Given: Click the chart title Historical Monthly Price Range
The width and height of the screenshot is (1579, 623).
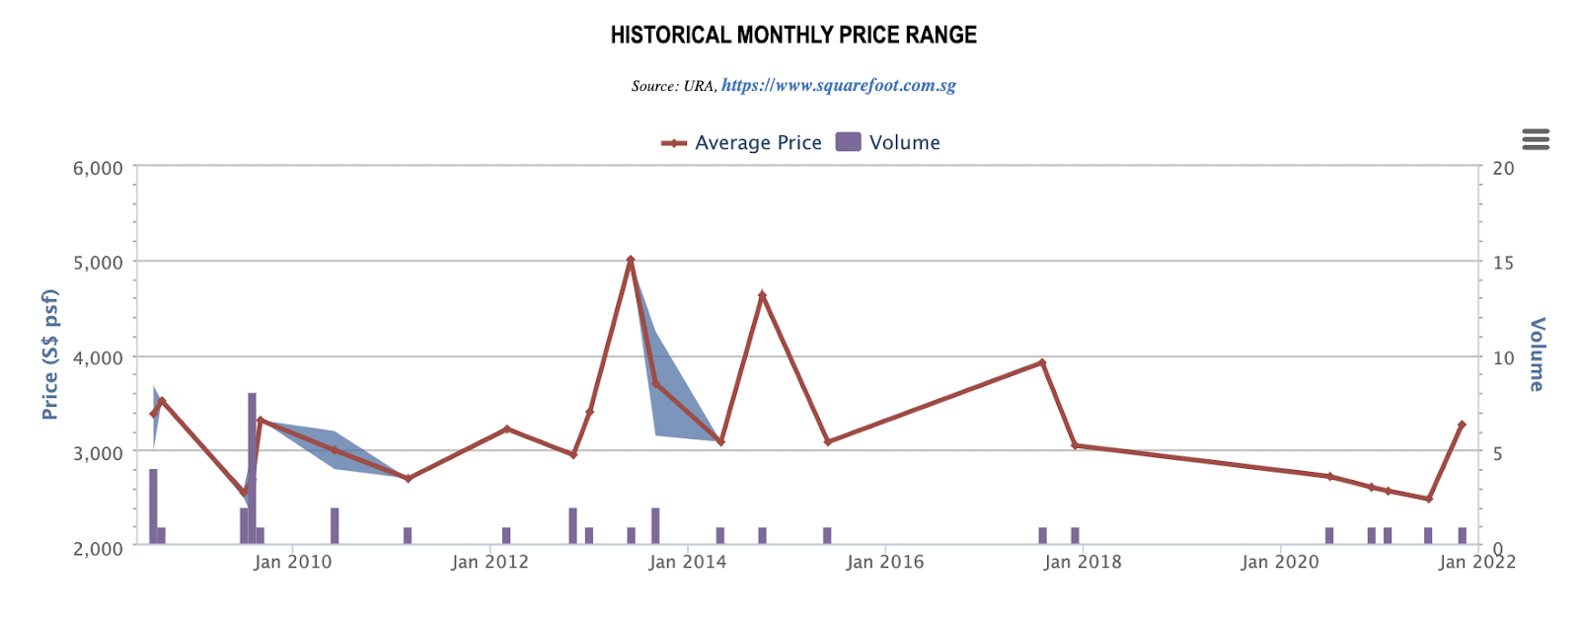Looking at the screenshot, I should [x=793, y=36].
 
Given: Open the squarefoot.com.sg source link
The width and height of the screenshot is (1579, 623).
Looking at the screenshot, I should [x=838, y=86].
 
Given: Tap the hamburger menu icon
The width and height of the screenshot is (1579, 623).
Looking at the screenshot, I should [x=1536, y=139].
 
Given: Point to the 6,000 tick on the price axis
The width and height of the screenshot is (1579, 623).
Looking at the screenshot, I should [x=98, y=168].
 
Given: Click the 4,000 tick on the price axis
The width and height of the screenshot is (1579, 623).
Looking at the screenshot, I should [x=98, y=357].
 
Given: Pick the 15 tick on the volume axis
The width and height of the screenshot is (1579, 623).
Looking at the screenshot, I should [x=1503, y=263].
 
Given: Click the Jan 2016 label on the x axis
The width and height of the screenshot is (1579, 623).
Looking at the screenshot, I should [x=885, y=563].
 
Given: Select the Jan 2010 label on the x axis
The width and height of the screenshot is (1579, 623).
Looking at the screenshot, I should [x=292, y=563].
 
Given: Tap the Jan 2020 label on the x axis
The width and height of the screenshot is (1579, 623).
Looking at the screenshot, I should [x=1280, y=563].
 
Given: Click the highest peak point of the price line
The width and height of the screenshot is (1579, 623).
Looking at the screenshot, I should [x=631, y=260].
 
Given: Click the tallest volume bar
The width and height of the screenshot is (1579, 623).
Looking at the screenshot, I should [x=252, y=468].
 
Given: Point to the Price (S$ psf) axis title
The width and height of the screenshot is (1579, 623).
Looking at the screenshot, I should [x=50, y=354].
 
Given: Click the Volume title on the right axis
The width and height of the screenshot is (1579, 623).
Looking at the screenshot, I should [x=1537, y=354].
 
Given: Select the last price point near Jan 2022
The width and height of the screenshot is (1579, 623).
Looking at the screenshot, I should [x=1462, y=425].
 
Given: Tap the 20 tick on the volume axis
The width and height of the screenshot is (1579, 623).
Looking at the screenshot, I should [x=1503, y=168].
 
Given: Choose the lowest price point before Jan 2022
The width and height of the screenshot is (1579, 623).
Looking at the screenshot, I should [x=1428, y=499].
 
